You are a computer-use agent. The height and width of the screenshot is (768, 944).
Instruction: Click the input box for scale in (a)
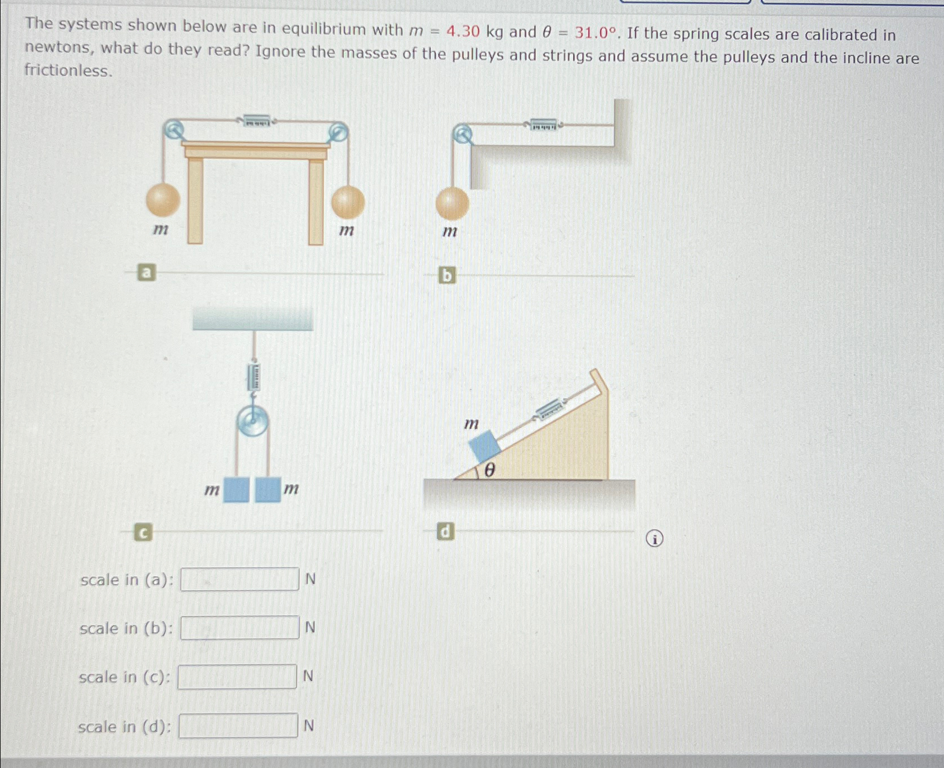240,579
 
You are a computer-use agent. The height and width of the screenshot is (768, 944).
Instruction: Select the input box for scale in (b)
240,628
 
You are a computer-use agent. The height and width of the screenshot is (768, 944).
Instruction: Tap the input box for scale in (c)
237,677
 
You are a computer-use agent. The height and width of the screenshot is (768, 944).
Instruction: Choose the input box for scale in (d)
238,726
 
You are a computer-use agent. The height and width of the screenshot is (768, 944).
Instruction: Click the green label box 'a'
146,273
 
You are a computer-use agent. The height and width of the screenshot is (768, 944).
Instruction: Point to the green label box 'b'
446,275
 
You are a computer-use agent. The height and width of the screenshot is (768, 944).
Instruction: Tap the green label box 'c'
143,532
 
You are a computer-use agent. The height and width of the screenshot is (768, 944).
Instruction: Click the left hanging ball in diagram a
163,200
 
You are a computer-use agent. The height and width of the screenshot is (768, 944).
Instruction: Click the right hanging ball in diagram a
348,202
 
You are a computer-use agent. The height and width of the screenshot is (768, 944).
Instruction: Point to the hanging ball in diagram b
452,203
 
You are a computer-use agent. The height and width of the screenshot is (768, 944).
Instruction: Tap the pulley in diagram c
252,421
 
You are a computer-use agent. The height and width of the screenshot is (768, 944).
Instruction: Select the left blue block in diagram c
236,489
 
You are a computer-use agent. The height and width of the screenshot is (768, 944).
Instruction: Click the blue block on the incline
484,446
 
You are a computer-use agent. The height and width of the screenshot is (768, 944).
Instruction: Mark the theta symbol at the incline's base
489,470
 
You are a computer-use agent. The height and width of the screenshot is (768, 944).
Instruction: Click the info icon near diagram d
654,539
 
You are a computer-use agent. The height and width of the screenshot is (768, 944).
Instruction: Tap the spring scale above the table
257,121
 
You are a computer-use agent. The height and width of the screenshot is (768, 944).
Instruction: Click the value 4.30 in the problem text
463,31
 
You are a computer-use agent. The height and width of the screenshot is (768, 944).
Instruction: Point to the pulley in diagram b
462,135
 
